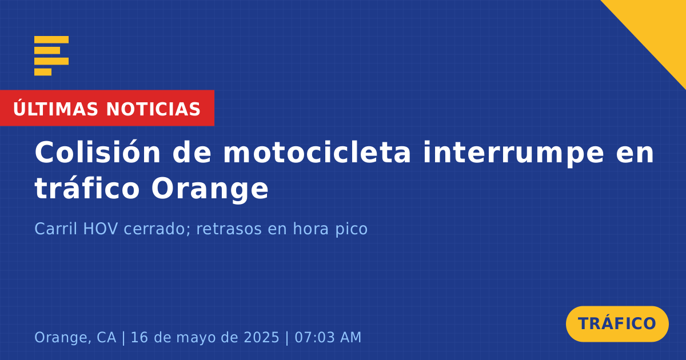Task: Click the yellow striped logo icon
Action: coord(51,56)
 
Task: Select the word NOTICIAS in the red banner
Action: coord(153,109)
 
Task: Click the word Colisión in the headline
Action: coord(97,152)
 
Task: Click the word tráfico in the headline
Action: coord(87,187)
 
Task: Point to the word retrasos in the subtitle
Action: coord(229,229)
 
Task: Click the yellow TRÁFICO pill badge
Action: coord(617,324)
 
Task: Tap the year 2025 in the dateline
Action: coord(261,337)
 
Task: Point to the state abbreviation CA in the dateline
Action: coord(106,337)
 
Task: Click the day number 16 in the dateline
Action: coord(139,337)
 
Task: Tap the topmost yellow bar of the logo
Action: coord(51,39)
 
